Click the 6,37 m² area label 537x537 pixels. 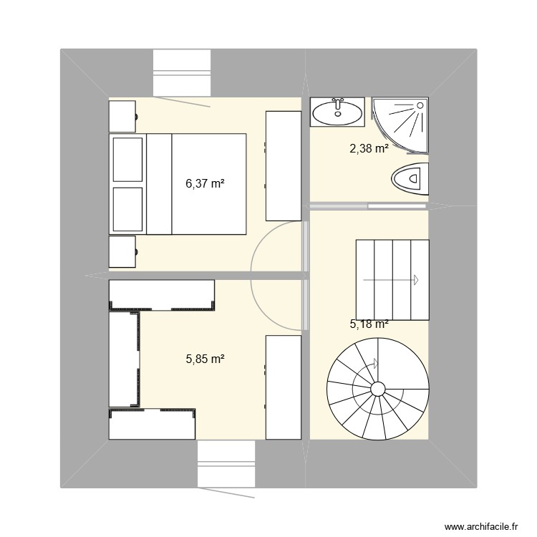click(205, 183)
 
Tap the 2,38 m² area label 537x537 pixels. click(369, 149)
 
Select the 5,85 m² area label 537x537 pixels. click(205, 359)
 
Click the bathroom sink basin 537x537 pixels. click(337, 111)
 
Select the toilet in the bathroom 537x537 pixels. click(412, 178)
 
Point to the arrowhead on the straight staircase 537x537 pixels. click(414, 280)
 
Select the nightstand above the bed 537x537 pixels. click(122, 116)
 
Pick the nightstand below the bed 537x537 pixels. click(122, 251)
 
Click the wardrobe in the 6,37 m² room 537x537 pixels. click(283, 165)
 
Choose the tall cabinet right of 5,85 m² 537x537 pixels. click(283, 386)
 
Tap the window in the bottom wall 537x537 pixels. click(226, 464)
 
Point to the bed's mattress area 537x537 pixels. click(208, 183)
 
